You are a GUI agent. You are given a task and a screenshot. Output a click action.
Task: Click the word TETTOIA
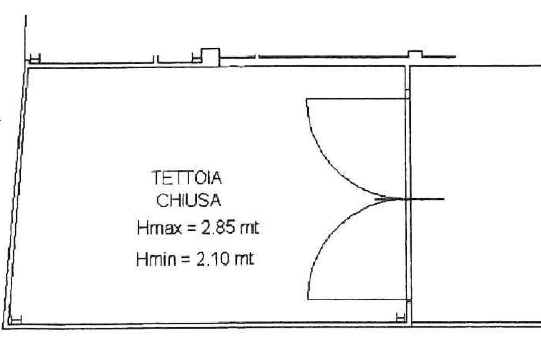tap(187, 178)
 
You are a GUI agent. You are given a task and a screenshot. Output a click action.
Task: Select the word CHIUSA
tap(188, 201)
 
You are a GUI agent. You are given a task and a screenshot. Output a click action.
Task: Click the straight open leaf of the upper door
tap(357, 99)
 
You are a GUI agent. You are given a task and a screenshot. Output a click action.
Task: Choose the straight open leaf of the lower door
tap(357, 299)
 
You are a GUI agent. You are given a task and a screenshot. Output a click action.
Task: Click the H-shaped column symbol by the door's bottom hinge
tap(401, 316)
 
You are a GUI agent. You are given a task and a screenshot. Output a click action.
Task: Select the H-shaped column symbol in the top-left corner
tap(34, 59)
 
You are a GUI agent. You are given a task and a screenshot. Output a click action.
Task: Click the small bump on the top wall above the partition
tap(415, 54)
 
